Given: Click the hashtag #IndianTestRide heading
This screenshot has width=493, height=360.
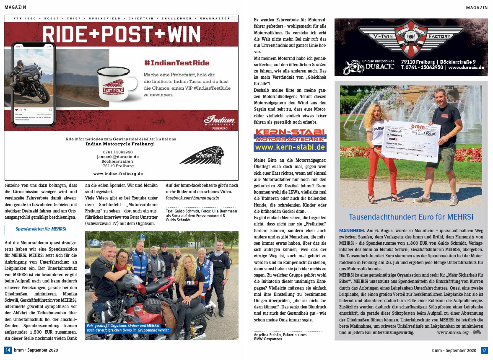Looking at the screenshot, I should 176,63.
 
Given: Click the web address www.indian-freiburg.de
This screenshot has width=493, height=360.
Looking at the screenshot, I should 118,174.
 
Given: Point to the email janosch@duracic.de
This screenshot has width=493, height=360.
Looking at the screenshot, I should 118,157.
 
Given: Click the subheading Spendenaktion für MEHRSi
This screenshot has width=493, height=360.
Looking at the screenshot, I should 41,230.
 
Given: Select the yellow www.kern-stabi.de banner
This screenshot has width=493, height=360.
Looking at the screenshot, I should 290,147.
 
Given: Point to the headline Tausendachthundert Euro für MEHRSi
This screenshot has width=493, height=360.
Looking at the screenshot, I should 411,217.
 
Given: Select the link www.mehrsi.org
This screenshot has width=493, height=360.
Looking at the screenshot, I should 452,332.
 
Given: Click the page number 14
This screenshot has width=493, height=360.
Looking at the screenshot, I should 8,350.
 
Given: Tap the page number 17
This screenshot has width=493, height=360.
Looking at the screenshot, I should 484,350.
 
